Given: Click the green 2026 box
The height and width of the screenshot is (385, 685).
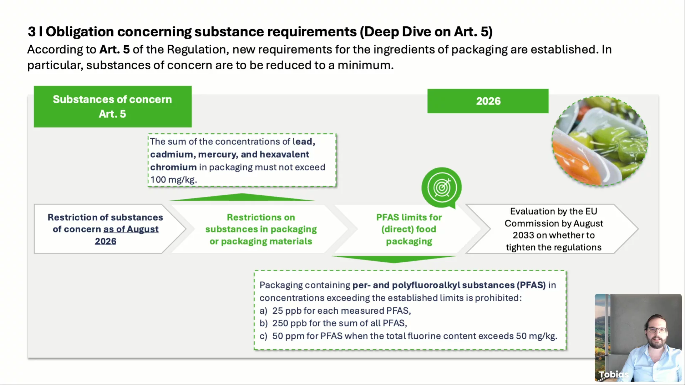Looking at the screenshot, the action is (x=488, y=101).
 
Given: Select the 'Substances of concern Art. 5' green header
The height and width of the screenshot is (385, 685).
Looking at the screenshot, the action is (x=113, y=107).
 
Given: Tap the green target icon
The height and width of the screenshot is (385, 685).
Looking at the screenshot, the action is (x=442, y=188).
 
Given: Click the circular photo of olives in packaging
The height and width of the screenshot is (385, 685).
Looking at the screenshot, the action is (x=600, y=141).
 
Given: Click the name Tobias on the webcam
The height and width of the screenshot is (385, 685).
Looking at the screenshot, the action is (x=614, y=374).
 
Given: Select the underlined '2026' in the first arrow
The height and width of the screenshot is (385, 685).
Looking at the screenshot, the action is (x=106, y=241).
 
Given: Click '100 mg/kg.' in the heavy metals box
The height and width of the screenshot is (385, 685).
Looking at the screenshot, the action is (x=174, y=180).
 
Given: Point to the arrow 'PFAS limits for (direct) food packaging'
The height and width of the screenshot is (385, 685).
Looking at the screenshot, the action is (x=409, y=229).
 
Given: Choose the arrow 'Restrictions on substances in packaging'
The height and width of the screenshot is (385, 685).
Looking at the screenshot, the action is (x=261, y=229).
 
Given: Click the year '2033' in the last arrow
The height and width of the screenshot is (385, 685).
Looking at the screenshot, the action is (x=523, y=235).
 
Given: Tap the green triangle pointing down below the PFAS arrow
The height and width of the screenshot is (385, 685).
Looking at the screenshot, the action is (x=394, y=259).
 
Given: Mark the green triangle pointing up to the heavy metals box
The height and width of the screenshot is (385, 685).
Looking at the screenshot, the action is (x=242, y=197).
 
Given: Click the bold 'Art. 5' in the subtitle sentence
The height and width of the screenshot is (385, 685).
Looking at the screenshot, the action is (x=115, y=49).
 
